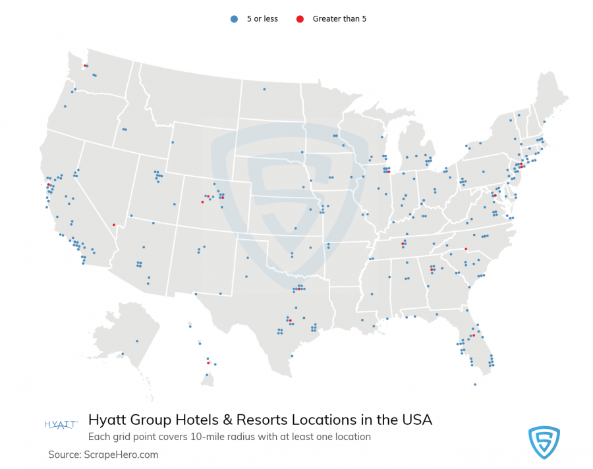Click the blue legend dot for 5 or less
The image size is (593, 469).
click(x=234, y=19)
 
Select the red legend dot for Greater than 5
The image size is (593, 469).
click(x=300, y=19)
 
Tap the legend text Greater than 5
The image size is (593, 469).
click(x=339, y=19)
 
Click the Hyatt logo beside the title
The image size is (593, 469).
click(x=61, y=424)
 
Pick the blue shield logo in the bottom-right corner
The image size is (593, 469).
click(x=544, y=442)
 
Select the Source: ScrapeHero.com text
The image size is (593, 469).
click(x=103, y=455)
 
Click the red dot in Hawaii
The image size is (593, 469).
click(x=208, y=363)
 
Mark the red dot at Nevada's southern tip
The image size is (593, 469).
click(x=115, y=225)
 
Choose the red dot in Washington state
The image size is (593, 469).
click(x=84, y=66)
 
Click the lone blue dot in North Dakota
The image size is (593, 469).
click(x=264, y=89)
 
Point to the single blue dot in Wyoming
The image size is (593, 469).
click(x=173, y=142)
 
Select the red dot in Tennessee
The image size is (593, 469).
click(x=403, y=244)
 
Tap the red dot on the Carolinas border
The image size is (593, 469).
click(x=465, y=249)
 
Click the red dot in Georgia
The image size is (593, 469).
click(x=432, y=269)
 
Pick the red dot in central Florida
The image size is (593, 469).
click(x=473, y=335)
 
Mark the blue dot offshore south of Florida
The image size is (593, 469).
click(x=474, y=385)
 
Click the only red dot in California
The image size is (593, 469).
click(x=48, y=184)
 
